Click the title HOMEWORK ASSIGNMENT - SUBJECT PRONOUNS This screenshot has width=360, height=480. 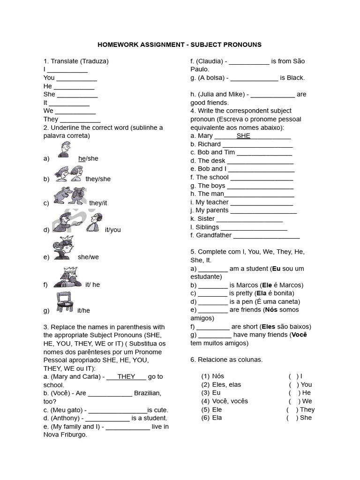coord(180,45)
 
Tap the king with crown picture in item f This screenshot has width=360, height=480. coord(67,277)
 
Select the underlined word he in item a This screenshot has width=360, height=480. coord(82,158)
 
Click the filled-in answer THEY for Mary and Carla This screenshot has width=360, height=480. coord(126,376)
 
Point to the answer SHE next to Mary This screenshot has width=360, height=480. coord(243,136)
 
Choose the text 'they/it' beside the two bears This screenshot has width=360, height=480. coord(98,203)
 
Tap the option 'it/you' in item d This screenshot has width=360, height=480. coord(112,230)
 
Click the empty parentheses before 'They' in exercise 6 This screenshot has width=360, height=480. coord(292,409)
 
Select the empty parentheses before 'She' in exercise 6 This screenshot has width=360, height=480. coord(292,418)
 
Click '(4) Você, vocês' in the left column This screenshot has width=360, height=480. coord(225,401)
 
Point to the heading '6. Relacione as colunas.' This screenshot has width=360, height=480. coord(226,360)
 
